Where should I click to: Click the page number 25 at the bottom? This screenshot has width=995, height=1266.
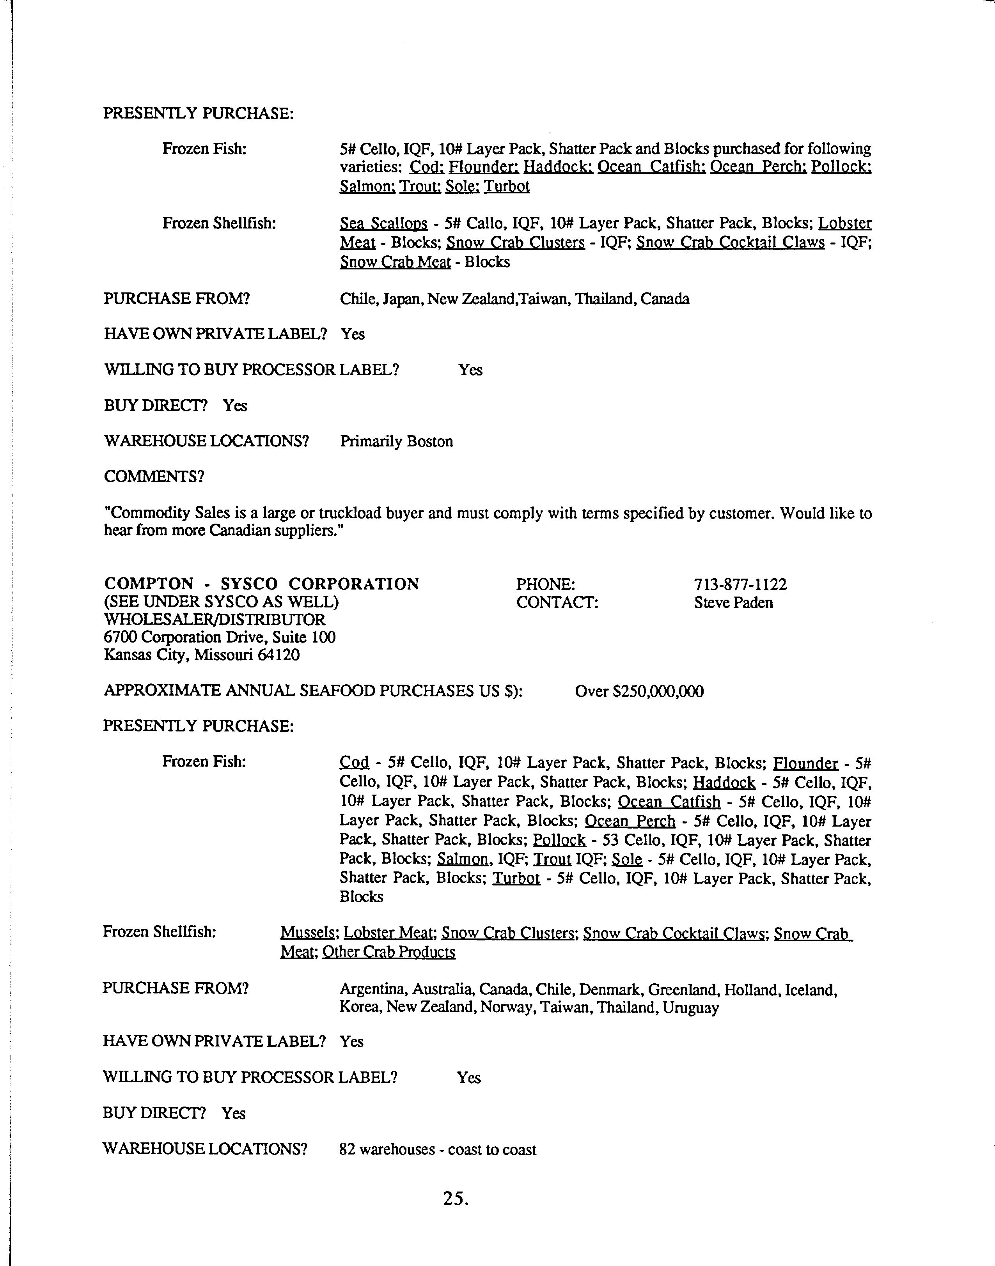click(x=456, y=1198)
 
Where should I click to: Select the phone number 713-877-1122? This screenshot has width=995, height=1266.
click(x=740, y=584)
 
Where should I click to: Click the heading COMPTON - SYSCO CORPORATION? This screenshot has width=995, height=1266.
click(x=262, y=584)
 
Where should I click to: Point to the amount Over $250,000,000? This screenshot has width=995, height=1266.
click(x=639, y=691)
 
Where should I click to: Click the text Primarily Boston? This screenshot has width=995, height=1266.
click(x=396, y=441)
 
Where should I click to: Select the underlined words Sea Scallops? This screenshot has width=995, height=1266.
click(x=383, y=224)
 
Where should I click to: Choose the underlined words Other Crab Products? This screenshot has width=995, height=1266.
click(x=388, y=951)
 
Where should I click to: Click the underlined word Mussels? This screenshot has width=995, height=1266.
click(x=308, y=933)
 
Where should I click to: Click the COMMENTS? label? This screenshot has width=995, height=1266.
click(x=154, y=476)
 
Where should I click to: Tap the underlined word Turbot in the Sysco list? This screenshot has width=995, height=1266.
click(x=516, y=878)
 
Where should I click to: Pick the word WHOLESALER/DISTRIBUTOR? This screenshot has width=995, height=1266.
click(x=215, y=620)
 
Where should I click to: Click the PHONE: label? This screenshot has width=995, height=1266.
click(x=545, y=584)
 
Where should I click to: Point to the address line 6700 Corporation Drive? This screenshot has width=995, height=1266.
click(x=219, y=637)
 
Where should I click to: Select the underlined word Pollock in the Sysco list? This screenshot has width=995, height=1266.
click(x=559, y=840)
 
